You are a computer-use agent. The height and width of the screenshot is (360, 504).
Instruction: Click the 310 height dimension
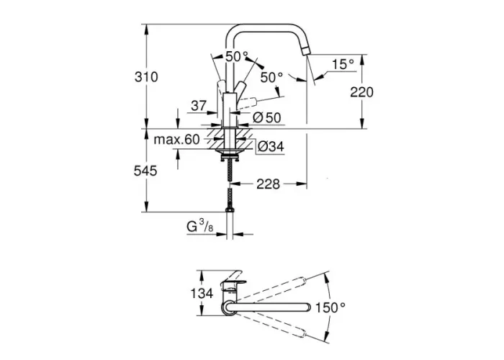[x=146, y=77]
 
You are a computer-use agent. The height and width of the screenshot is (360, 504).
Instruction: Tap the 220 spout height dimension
[x=362, y=93]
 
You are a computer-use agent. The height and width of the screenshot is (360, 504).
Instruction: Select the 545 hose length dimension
[x=145, y=171]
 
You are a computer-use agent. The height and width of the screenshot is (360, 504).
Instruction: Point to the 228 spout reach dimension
[x=268, y=184]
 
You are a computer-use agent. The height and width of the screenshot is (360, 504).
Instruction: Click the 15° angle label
[x=343, y=64]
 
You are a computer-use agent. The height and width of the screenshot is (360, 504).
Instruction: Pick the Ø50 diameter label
[x=267, y=117]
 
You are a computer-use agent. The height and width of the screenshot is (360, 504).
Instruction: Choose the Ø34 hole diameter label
[x=271, y=147]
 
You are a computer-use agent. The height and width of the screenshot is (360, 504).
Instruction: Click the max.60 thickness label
[x=177, y=140]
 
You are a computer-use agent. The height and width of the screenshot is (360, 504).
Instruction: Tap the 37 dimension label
[x=199, y=105]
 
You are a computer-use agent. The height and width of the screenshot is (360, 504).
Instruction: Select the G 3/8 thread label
[x=199, y=226]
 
